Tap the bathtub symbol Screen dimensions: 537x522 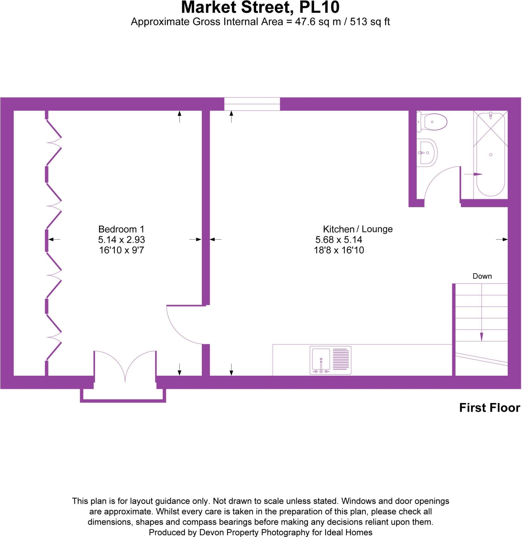491,155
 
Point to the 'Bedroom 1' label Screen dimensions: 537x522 121,229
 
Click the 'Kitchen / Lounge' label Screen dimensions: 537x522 357,229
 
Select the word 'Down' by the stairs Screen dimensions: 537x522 482,276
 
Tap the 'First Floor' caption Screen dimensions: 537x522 489,408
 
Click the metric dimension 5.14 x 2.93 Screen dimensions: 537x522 122,240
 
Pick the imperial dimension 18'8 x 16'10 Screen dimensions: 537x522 339,250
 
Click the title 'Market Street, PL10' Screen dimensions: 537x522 260,8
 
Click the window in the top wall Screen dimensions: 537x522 252,104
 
